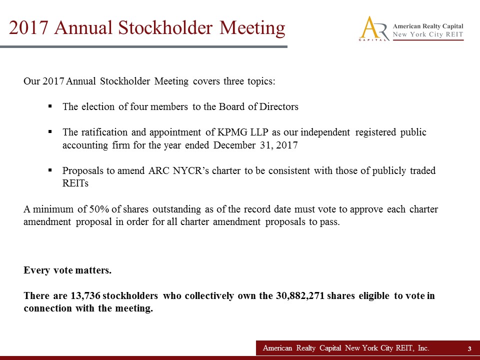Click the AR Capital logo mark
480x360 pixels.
click(x=373, y=28)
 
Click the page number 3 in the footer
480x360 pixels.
click(x=469, y=348)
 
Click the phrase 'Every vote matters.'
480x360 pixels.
click(x=67, y=270)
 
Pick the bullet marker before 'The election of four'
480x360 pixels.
click(x=50, y=106)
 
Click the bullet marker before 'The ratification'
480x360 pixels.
click(x=50, y=132)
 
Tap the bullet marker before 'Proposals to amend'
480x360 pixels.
click(x=50, y=170)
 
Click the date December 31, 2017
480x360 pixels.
click(x=255, y=145)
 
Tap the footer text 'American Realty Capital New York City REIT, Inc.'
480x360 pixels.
click(x=346, y=348)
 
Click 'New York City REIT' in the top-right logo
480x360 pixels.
click(x=428, y=34)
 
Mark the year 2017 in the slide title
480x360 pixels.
click(x=29, y=27)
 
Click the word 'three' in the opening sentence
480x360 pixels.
click(x=232, y=81)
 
